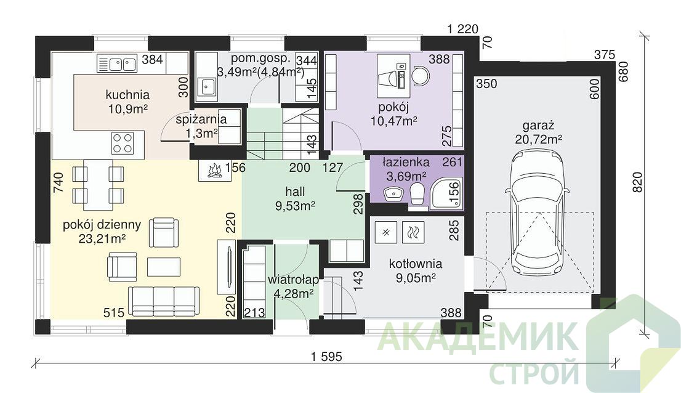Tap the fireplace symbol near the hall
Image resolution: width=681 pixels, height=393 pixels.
pyautogui.click(x=213, y=171)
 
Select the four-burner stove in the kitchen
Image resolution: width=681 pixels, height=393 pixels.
pyautogui.click(x=122, y=143)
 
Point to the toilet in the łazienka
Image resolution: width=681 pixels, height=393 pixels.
pyautogui.click(x=417, y=193)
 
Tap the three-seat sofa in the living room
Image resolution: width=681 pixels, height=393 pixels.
pyautogui.click(x=164, y=301)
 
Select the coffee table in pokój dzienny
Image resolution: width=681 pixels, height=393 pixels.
pyautogui.click(x=164, y=267)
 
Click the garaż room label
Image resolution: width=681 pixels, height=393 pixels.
pyautogui.click(x=539, y=126)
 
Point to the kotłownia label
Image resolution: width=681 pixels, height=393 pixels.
pyautogui.click(x=416, y=264)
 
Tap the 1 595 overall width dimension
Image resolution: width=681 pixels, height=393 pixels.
pyautogui.click(x=326, y=357)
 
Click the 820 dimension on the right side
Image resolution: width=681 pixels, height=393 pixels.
pyautogui.click(x=637, y=182)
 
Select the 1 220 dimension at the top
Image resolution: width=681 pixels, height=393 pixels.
pyautogui.click(x=462, y=29)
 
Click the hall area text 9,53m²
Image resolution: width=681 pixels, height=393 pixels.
pyautogui.click(x=296, y=205)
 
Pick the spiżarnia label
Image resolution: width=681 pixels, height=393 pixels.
pyautogui.click(x=201, y=120)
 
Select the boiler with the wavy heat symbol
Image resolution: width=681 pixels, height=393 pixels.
pyautogui.click(x=411, y=233)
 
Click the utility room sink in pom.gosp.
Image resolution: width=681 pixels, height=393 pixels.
pyautogui.click(x=207, y=86)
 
